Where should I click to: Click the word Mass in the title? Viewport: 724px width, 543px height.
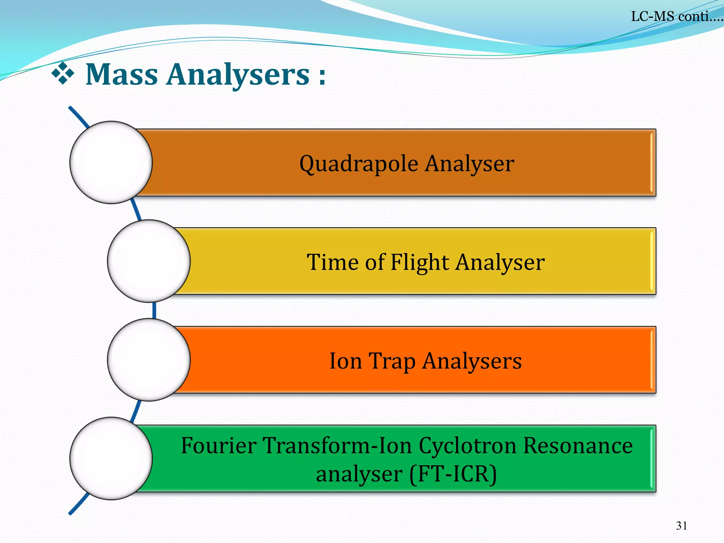click(x=122, y=75)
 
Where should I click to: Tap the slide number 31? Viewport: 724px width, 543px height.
click(x=681, y=526)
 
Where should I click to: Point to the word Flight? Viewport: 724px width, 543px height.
click(x=420, y=262)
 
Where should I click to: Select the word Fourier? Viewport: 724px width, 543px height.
click(x=218, y=445)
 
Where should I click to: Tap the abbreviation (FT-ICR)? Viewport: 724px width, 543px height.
click(x=453, y=474)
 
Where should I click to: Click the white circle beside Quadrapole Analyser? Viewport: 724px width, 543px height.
click(x=111, y=162)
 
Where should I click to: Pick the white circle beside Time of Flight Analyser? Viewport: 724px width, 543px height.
click(x=149, y=261)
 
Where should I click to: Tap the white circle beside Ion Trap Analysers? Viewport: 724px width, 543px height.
click(x=149, y=360)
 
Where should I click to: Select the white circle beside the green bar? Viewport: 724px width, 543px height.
click(x=111, y=458)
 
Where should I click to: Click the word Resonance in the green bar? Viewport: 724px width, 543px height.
click(x=578, y=445)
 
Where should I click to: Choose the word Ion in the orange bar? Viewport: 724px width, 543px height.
click(x=345, y=361)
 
